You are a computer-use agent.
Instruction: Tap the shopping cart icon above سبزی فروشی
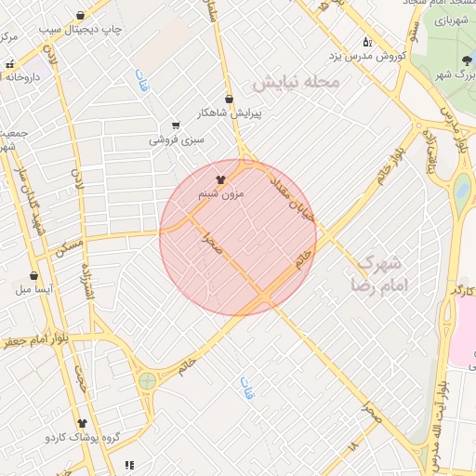[x=176, y=126]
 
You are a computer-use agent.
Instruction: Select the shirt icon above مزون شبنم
[x=221, y=179]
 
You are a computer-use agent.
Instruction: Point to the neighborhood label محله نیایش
[x=296, y=84]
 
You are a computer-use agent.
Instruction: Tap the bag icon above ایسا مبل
[x=34, y=275]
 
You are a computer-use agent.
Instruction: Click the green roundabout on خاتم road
[x=147, y=380]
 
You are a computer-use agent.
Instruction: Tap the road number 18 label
[x=351, y=447]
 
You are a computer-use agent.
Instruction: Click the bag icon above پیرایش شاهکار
[x=229, y=98]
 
